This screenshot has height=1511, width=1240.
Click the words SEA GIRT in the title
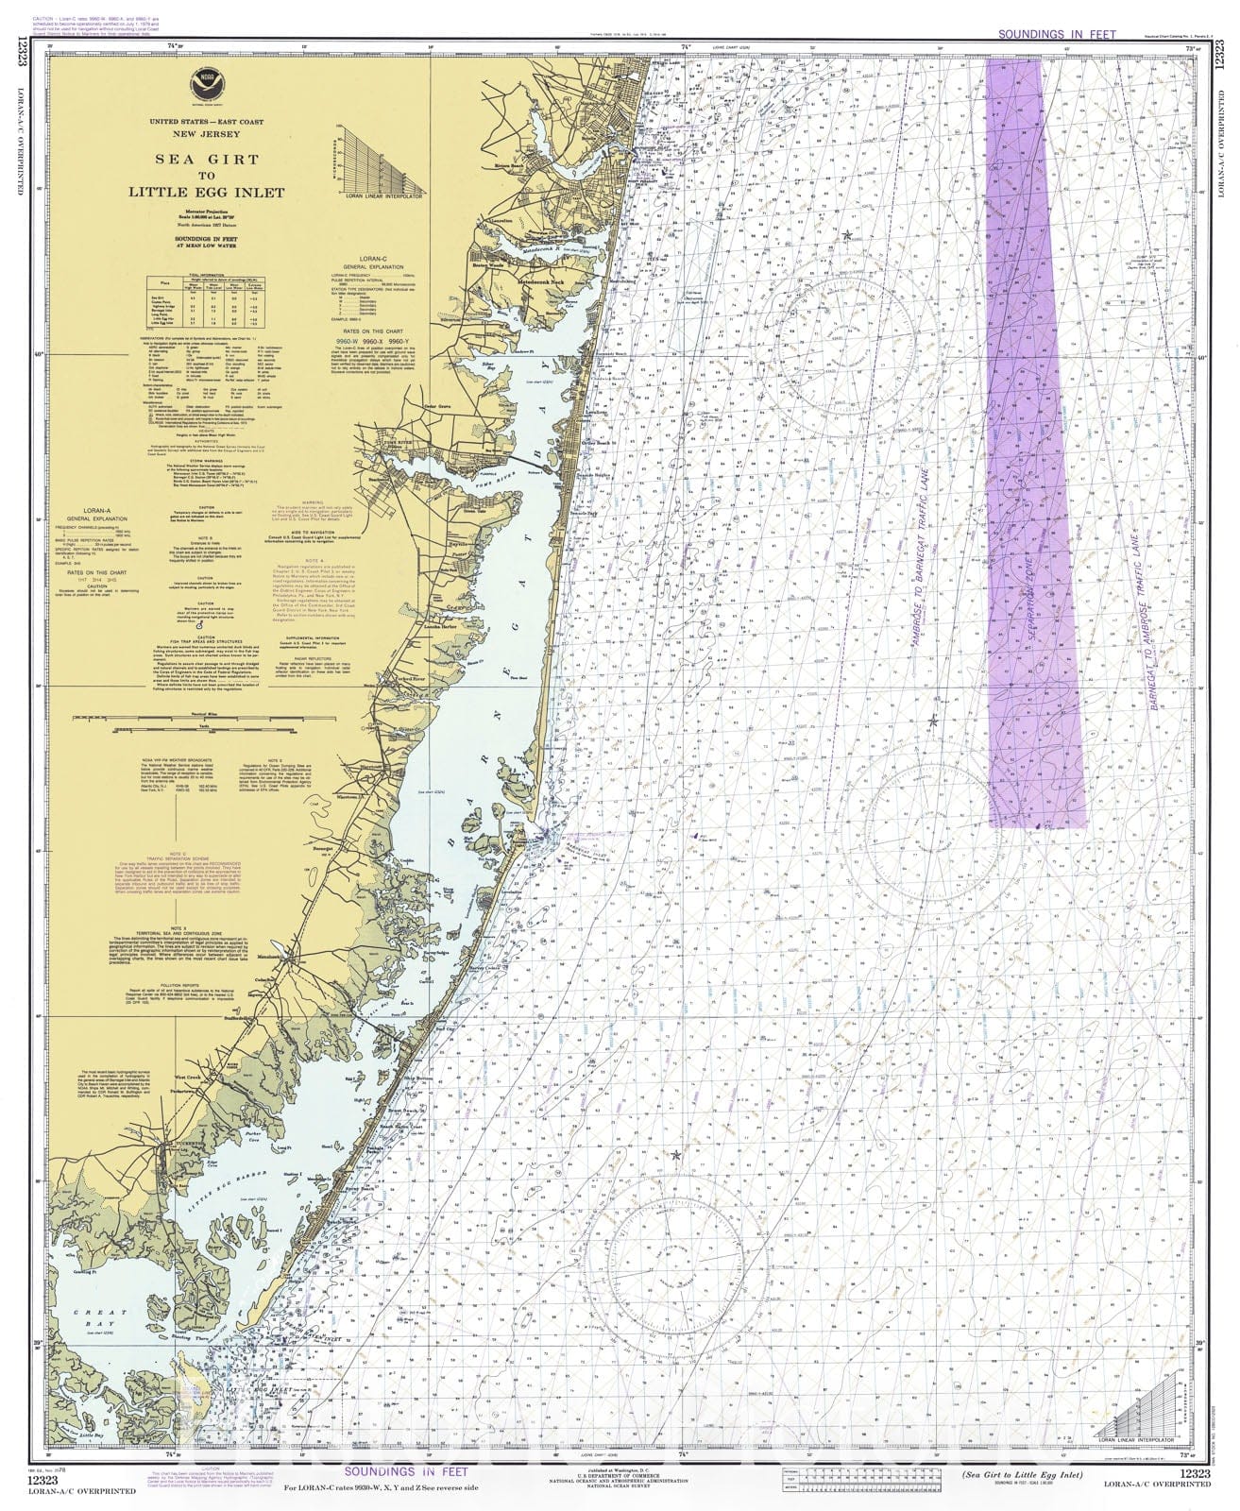coord(205,161)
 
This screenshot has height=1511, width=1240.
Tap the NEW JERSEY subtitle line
coord(205,134)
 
